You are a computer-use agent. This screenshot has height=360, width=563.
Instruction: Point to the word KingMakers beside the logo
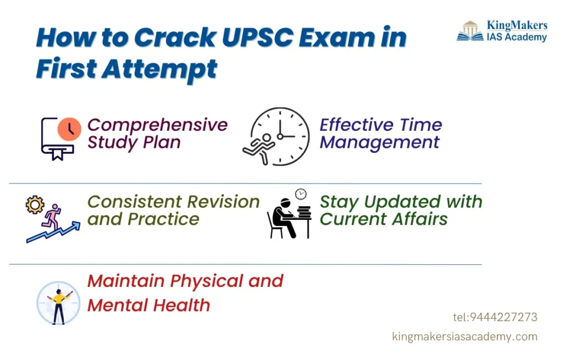pyautogui.click(x=517, y=26)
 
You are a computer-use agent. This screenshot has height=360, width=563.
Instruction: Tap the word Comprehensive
pyautogui.click(x=157, y=125)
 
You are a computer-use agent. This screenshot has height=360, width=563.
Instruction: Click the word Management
pyautogui.click(x=379, y=142)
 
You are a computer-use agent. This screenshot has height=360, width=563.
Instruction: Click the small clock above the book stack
pyautogui.click(x=301, y=194)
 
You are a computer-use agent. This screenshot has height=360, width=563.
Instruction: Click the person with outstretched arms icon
pyautogui.click(x=58, y=303)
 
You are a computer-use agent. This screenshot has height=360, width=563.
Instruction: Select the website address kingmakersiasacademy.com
pyautogui.click(x=465, y=336)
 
